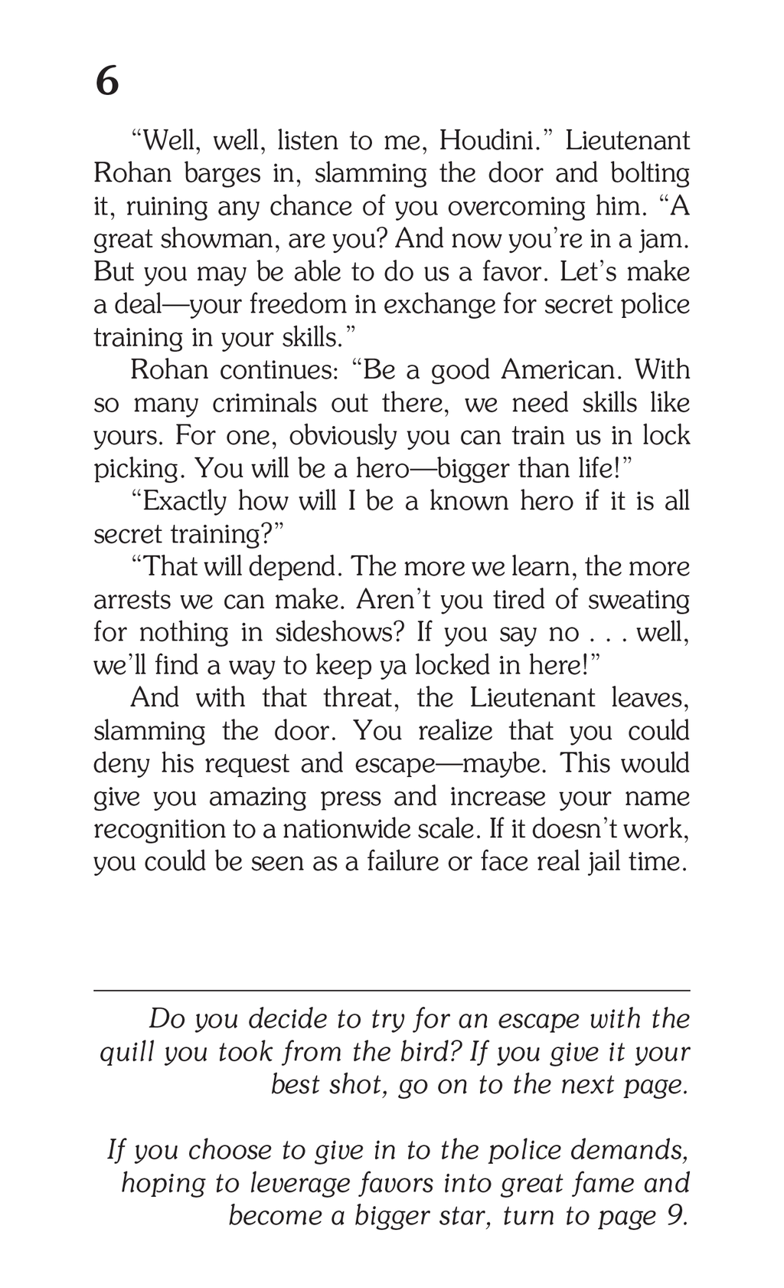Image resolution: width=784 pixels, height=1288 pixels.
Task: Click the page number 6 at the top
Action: click(x=107, y=80)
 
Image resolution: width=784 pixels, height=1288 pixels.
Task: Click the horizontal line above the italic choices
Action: click(x=391, y=991)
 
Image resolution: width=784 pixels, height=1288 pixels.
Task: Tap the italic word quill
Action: click(x=127, y=1052)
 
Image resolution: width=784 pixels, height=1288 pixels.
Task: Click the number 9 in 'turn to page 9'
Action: click(x=676, y=1216)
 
